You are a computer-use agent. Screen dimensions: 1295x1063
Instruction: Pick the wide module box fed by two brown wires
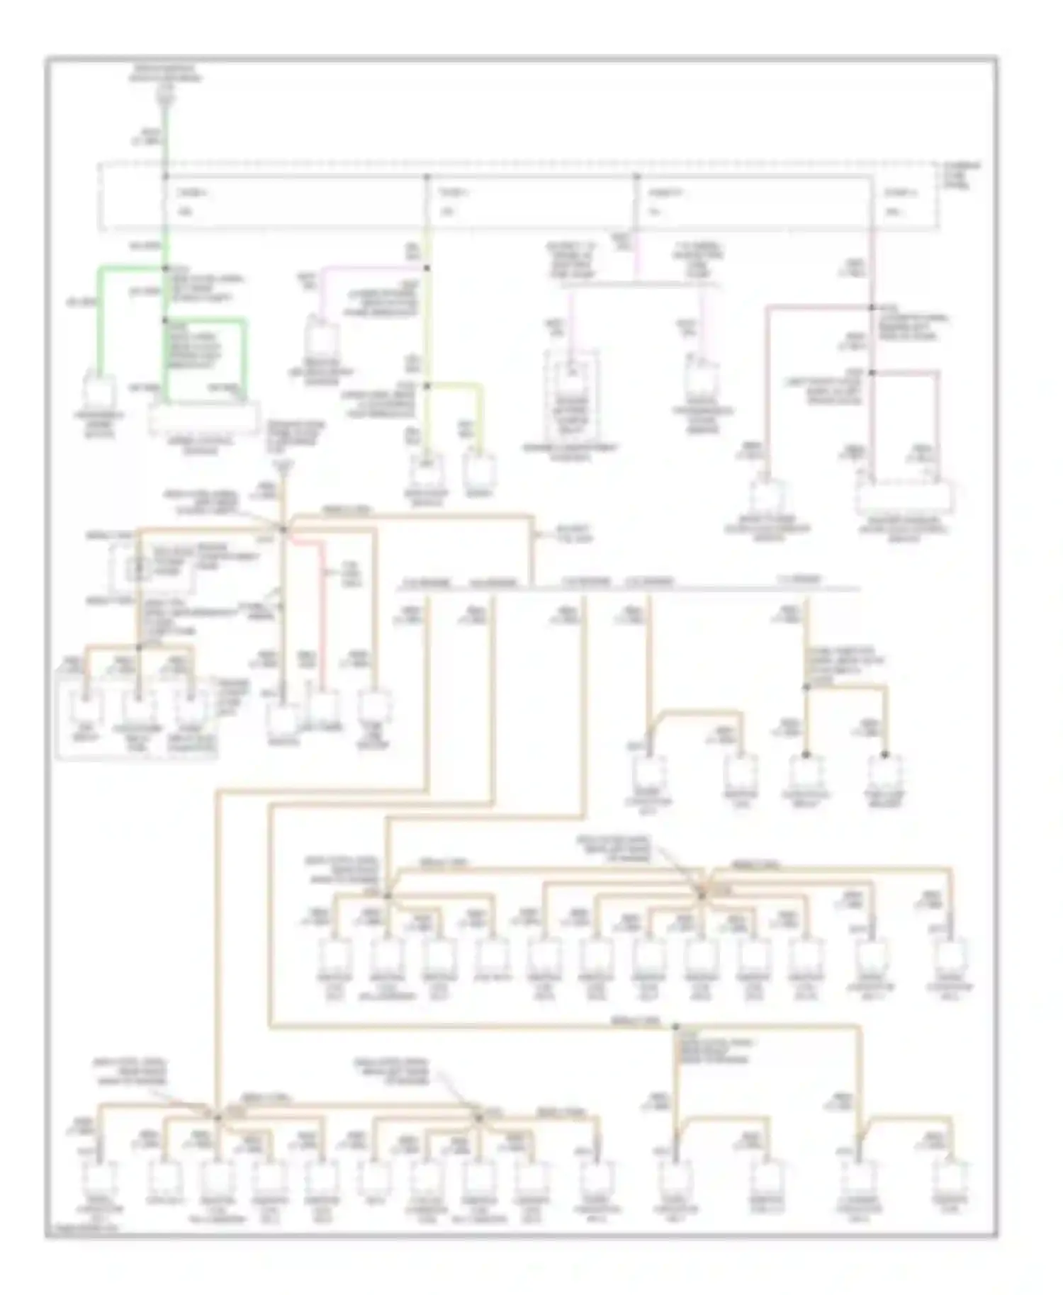pos(905,499)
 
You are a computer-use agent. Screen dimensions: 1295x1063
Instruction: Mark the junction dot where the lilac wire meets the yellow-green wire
pos(427,268)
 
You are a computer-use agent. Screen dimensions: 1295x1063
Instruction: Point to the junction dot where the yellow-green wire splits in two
pos(427,386)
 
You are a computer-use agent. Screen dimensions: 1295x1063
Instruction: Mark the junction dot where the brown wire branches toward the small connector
pos(872,307)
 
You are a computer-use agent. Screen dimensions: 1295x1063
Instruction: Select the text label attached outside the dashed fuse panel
pos(962,175)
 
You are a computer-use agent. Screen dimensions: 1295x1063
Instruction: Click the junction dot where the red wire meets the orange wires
pos(283,529)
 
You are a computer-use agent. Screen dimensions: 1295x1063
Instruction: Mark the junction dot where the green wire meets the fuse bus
pos(165,176)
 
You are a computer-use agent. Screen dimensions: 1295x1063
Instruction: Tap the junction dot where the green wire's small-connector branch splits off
pos(165,268)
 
